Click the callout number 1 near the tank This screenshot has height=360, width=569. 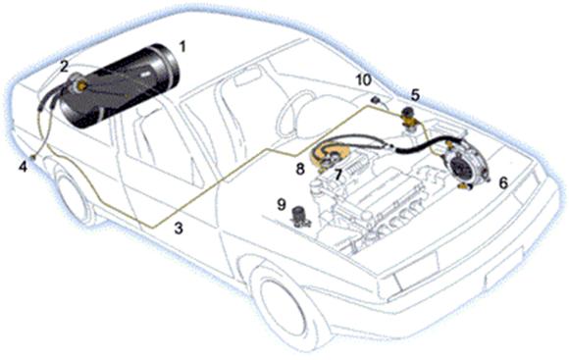pos(182,46)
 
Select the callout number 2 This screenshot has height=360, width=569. pos(64,66)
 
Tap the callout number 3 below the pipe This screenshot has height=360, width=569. pos(179,229)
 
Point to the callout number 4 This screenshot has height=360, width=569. pos(23,167)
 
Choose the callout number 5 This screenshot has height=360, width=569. pos(415,95)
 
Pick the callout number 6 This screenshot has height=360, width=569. pos(503,182)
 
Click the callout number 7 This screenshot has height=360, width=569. pos(338,176)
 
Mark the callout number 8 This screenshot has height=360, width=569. pos(300,169)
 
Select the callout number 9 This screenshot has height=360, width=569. pos(282,205)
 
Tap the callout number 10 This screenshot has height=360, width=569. pos(364,80)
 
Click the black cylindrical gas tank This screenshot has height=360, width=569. pos(120,85)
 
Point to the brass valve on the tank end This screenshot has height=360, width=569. pos(82,86)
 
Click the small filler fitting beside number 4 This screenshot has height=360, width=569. pos(33,156)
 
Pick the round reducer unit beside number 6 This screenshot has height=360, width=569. pos(466,166)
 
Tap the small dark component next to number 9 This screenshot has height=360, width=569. pos(301,216)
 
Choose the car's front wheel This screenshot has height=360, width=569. pos(287,305)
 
